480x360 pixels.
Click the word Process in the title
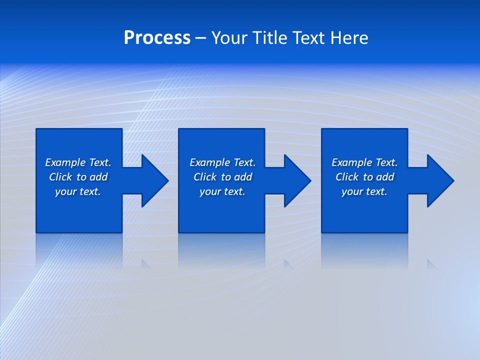pyautogui.click(x=157, y=38)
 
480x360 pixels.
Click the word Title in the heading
pyautogui.click(x=269, y=38)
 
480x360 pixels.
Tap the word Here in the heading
pyautogui.click(x=349, y=38)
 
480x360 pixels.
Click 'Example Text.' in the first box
pyautogui.click(x=78, y=162)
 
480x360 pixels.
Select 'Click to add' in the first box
pyautogui.click(x=78, y=177)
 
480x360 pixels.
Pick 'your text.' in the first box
pyautogui.click(x=78, y=191)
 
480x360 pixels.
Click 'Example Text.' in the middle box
pyautogui.click(x=222, y=162)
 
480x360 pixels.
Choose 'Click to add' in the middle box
pyautogui.click(x=222, y=177)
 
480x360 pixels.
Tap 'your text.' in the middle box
pyautogui.click(x=222, y=191)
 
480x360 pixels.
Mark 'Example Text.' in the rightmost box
pyautogui.click(x=364, y=162)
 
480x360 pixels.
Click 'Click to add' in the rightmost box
pyautogui.click(x=364, y=177)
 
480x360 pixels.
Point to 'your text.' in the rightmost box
pyautogui.click(x=364, y=191)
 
